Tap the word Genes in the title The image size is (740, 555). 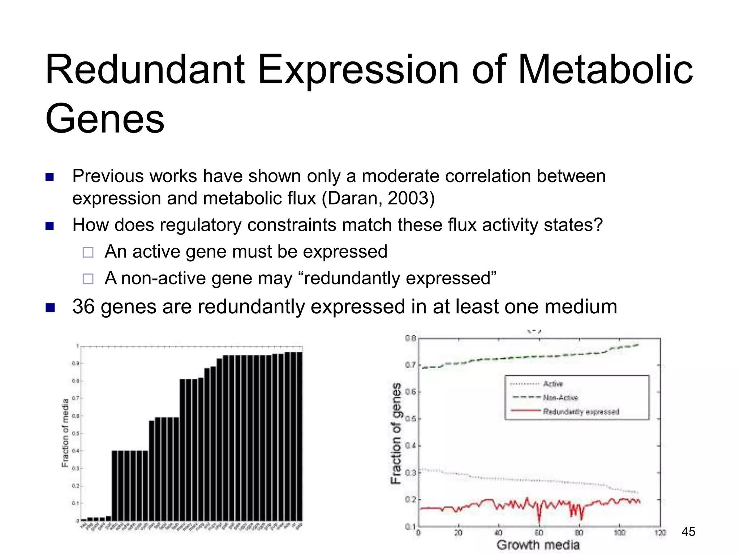tap(105, 119)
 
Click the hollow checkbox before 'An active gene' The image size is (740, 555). tap(88, 252)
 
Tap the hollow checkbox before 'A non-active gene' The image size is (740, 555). tap(88, 279)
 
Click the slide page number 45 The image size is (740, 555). tap(688, 532)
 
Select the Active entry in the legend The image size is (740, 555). tap(553, 384)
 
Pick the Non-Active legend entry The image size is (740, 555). tap(560, 398)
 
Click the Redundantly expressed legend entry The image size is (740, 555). tap(581, 412)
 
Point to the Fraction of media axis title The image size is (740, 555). tap(65, 433)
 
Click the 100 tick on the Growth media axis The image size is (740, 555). tap(620, 533)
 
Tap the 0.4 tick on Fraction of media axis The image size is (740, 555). tap(75, 451)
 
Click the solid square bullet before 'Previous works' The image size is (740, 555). tap(50, 177)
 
